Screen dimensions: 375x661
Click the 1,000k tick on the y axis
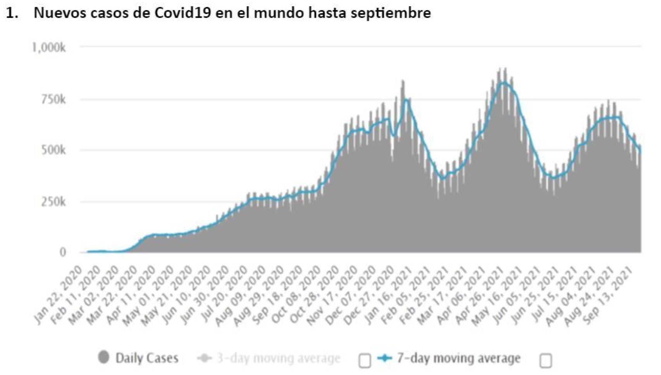(x=48, y=47)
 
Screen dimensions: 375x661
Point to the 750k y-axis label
(x=53, y=100)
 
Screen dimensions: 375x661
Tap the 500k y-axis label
(x=53, y=150)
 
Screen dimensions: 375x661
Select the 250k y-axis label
(x=53, y=202)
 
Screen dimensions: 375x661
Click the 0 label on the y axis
(x=62, y=252)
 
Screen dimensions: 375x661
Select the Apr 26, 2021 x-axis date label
(x=480, y=296)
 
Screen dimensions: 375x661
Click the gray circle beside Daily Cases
(x=103, y=357)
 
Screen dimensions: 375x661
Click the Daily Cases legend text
(x=147, y=358)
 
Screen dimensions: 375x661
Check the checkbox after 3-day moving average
(x=365, y=361)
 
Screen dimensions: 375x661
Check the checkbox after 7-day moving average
(x=546, y=361)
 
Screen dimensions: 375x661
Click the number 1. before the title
(x=12, y=13)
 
